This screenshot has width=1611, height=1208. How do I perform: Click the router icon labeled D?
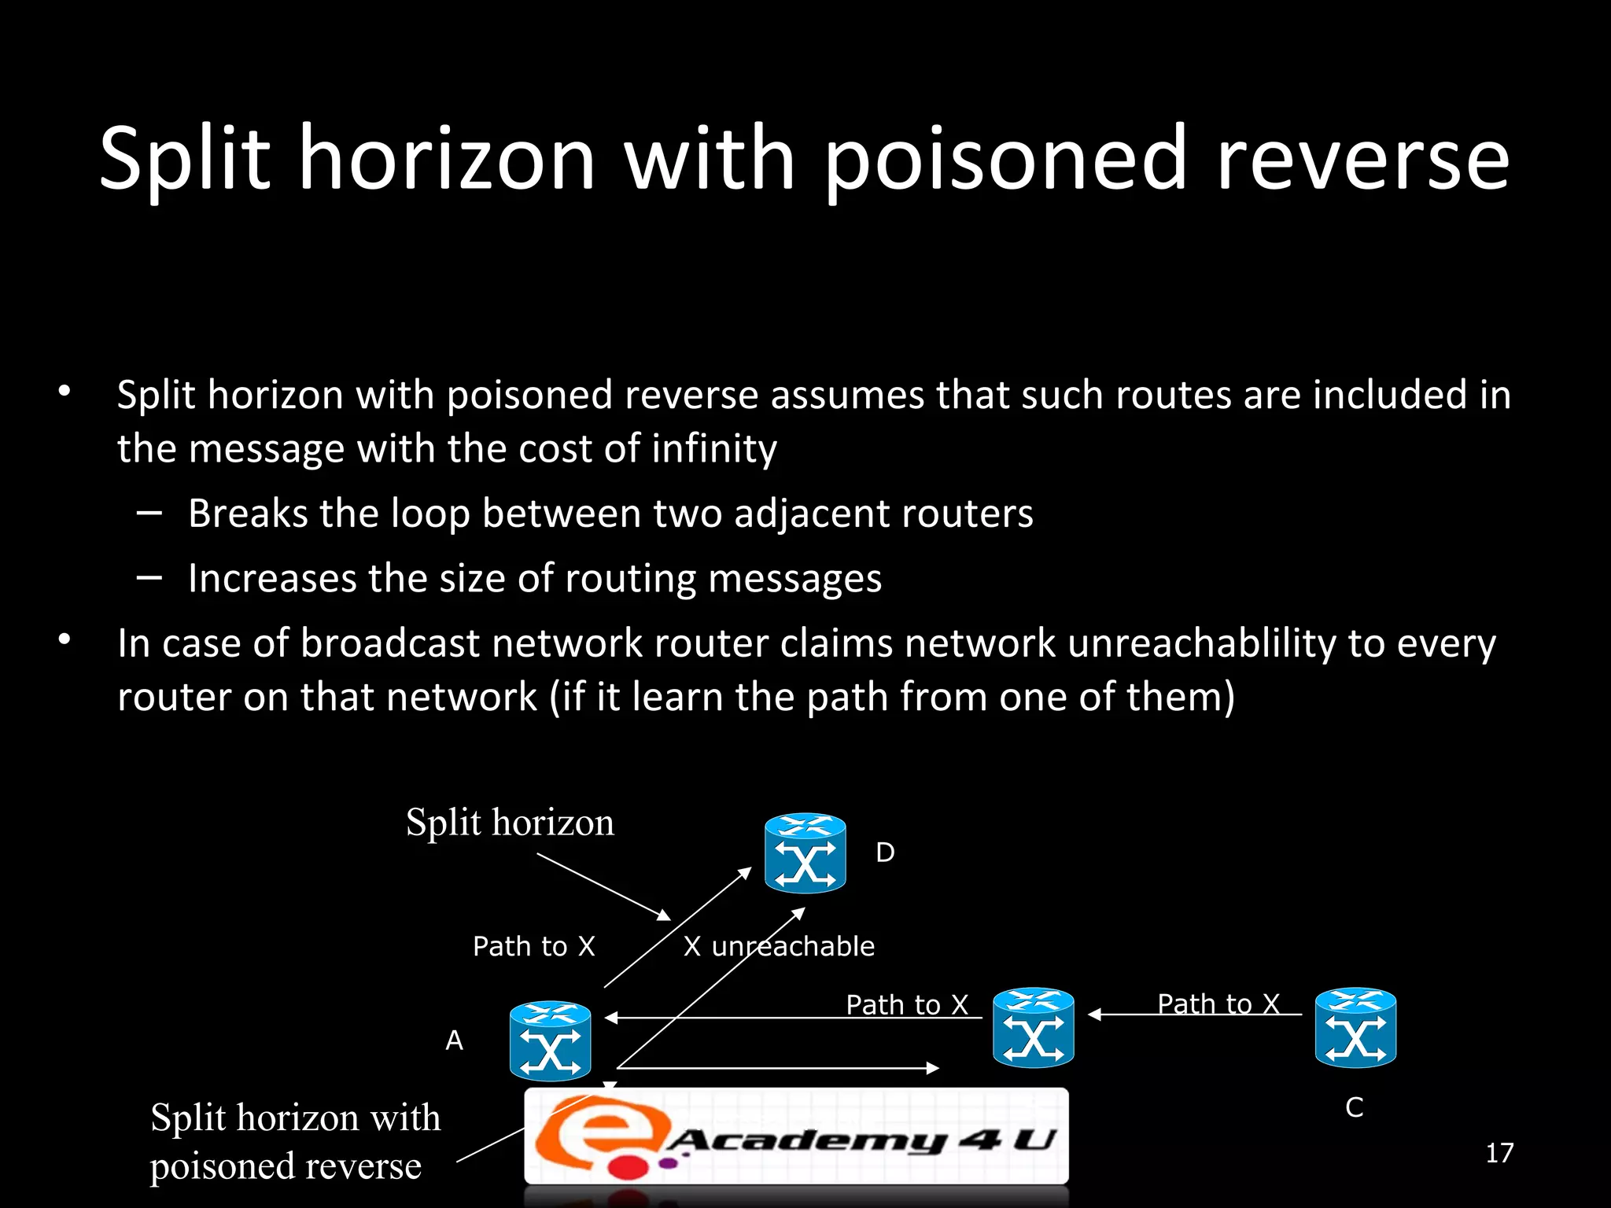805,853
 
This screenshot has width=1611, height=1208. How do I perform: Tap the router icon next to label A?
550,1040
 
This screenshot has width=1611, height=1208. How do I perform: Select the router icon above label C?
1355,1027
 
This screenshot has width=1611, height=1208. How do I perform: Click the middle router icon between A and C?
1033,1027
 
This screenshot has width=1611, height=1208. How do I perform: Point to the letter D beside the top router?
885,853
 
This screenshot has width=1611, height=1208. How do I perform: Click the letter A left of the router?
454,1040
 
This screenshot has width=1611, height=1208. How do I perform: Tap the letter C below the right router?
1354,1107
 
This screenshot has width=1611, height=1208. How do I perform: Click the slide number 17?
1499,1153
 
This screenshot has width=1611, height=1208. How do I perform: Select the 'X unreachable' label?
779,946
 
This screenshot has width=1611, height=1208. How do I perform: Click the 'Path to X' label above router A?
533,946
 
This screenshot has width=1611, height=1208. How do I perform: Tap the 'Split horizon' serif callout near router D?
510,823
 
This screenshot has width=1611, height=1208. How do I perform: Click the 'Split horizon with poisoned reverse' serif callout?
295,1142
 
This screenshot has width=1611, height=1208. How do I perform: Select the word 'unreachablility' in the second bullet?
1202,643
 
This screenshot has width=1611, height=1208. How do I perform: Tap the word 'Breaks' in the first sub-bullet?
248,514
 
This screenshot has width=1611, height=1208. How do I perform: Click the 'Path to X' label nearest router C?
1218,1004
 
